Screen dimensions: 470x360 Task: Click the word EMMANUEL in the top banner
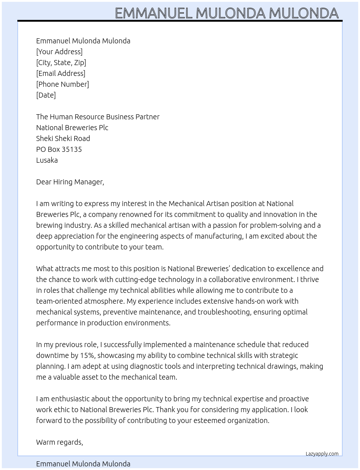point(154,13)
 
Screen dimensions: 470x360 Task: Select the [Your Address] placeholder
point(59,52)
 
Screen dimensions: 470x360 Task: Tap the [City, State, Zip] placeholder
point(61,63)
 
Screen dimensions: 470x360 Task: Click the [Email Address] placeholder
point(61,73)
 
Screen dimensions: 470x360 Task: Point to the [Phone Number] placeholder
point(63,84)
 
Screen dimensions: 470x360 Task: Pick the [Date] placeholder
point(46,95)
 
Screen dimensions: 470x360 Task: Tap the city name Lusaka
point(47,160)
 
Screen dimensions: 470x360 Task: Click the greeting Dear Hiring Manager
point(70,182)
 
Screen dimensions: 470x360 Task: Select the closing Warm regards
point(59,442)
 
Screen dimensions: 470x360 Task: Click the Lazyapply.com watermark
point(322,454)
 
